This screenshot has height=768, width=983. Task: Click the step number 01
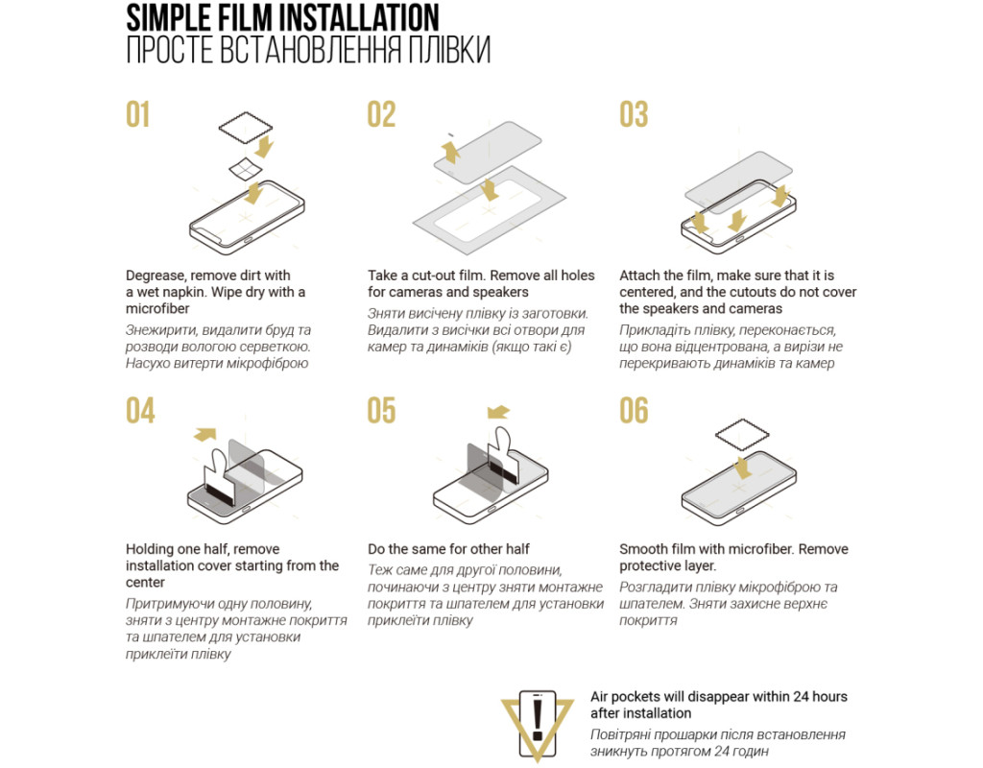(138, 115)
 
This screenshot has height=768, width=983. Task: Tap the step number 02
(381, 115)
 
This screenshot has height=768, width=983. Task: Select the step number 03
(634, 115)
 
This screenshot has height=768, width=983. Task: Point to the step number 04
(140, 411)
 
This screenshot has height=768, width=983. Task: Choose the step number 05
(381, 411)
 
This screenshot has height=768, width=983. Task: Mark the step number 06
(634, 411)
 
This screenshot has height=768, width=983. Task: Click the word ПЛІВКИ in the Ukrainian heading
(449, 50)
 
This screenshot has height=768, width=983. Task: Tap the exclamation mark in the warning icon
(538, 720)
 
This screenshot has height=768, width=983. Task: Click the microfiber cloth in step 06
(742, 435)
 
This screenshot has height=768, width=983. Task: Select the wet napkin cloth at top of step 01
(245, 128)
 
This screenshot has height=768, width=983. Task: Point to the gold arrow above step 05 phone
(498, 412)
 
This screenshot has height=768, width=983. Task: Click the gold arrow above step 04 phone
(205, 434)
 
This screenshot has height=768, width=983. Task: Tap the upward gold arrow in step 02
(450, 152)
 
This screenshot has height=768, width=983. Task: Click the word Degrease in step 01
(155, 276)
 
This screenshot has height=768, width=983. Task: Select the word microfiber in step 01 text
(157, 308)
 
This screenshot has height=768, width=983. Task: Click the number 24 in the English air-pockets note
(802, 697)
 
